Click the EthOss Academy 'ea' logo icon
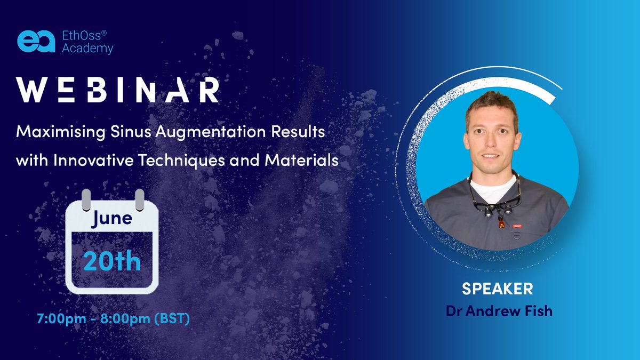[x=36, y=42]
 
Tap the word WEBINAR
[x=117, y=90]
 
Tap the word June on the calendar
[x=112, y=218]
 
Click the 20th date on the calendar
[x=112, y=261]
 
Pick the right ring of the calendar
[x=139, y=198]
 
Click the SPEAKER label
[x=497, y=289]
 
